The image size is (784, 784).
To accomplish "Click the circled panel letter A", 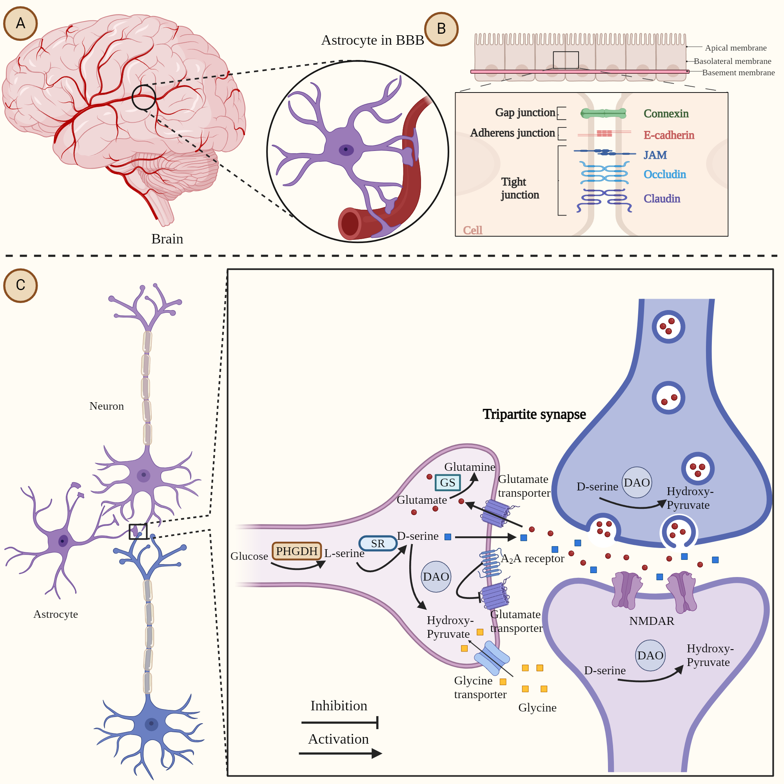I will (x=20, y=24).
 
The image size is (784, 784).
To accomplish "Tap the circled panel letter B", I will (x=441, y=29).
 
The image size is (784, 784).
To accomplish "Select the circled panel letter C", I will (x=20, y=285).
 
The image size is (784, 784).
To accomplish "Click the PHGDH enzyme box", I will (x=297, y=551).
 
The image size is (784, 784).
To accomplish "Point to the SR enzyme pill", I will (x=378, y=543).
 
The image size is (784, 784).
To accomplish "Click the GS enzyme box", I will (x=448, y=483).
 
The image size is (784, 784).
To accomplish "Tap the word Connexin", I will (x=666, y=114).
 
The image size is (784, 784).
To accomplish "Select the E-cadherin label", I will (x=669, y=135).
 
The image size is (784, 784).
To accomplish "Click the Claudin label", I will (x=661, y=198).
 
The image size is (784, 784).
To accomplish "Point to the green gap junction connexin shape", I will (x=603, y=114).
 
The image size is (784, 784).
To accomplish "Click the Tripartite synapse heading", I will (x=534, y=414).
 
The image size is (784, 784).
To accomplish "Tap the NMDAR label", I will (x=651, y=621).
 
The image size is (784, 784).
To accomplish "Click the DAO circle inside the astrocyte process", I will (x=436, y=577).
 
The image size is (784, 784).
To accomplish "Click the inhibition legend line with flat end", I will (x=340, y=723).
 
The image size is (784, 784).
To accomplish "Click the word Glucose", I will (x=249, y=556).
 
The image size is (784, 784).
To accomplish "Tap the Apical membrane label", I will (x=735, y=48).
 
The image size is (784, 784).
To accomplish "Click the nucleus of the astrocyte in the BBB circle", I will (x=346, y=149).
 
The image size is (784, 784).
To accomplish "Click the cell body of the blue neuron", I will (x=151, y=724).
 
